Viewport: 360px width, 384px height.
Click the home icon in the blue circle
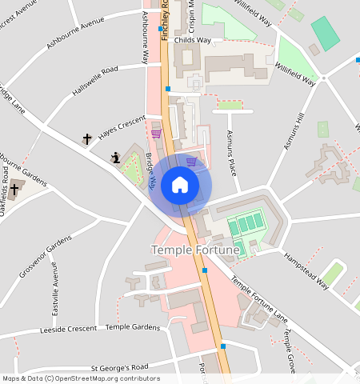(180, 186)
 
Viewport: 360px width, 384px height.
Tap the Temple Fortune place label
(195, 251)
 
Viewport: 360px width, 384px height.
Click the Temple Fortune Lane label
(259, 299)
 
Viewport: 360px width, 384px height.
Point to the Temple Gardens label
(133, 327)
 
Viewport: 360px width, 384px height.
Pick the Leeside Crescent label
(67, 330)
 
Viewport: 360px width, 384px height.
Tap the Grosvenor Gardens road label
(38, 258)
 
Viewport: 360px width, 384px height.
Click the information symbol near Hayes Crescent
(116, 158)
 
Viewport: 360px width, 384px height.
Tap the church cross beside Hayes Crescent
(87, 139)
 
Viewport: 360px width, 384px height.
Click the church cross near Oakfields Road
(14, 190)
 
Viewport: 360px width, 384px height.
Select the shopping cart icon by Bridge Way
(156, 134)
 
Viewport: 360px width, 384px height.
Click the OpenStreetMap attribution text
(80, 379)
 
